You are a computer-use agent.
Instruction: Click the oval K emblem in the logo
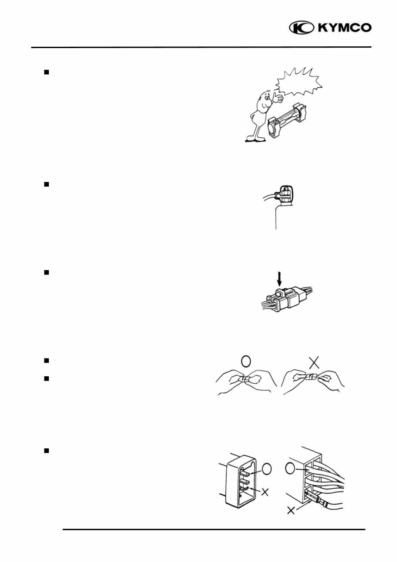[x=302, y=28]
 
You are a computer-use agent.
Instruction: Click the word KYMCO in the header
[x=345, y=28]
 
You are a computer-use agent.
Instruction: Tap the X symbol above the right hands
[x=314, y=363]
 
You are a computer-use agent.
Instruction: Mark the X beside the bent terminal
[x=265, y=492]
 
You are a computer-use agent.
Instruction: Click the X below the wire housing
[x=291, y=510]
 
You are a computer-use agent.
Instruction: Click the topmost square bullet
[x=46, y=72]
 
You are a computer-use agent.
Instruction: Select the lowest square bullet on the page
[x=46, y=451]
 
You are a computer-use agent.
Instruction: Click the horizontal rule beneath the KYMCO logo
[x=201, y=47]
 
